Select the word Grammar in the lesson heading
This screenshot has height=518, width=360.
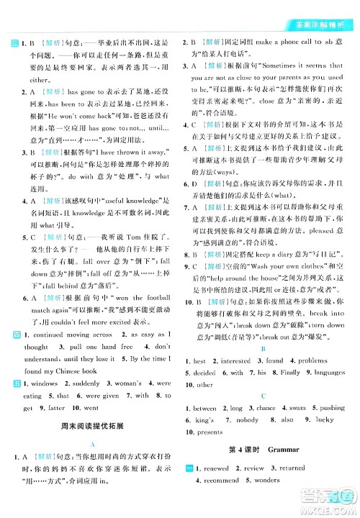(x=271, y=450)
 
